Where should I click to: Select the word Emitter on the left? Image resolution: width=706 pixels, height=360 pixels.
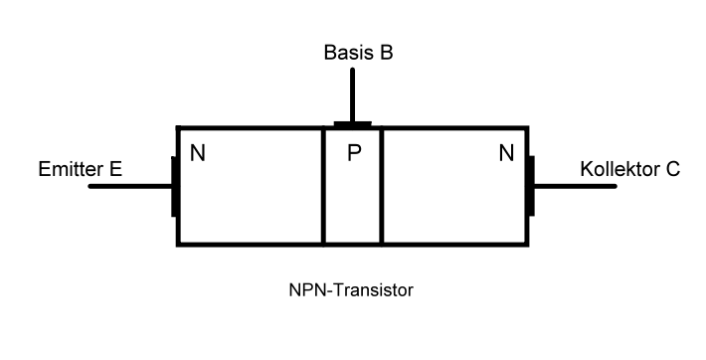click(x=69, y=169)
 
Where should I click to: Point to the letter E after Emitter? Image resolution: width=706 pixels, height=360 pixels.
click(x=115, y=169)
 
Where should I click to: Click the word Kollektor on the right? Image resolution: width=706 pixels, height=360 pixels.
click(x=619, y=169)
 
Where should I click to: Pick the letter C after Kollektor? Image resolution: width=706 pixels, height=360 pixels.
click(x=673, y=169)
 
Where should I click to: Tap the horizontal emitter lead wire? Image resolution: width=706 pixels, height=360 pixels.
click(x=129, y=186)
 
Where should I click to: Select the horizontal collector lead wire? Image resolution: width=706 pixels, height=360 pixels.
click(x=577, y=186)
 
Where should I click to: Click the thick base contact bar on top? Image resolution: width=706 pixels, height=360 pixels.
click(x=352, y=124)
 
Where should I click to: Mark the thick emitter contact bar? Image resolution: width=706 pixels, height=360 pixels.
click(x=175, y=186)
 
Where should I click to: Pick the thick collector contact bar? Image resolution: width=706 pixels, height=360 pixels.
click(x=531, y=186)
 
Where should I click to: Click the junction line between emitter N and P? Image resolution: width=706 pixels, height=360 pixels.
click(x=323, y=189)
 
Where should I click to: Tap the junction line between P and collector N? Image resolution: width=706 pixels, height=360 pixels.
click(x=382, y=189)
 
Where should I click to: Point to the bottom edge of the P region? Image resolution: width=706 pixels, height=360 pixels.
click(x=352, y=244)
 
